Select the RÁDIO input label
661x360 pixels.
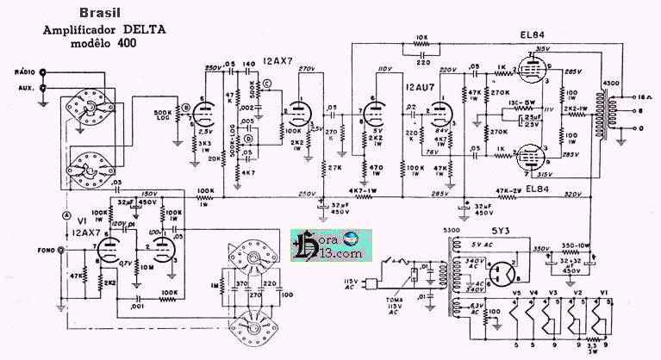click(23, 73)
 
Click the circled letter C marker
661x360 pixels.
click(267, 83)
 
